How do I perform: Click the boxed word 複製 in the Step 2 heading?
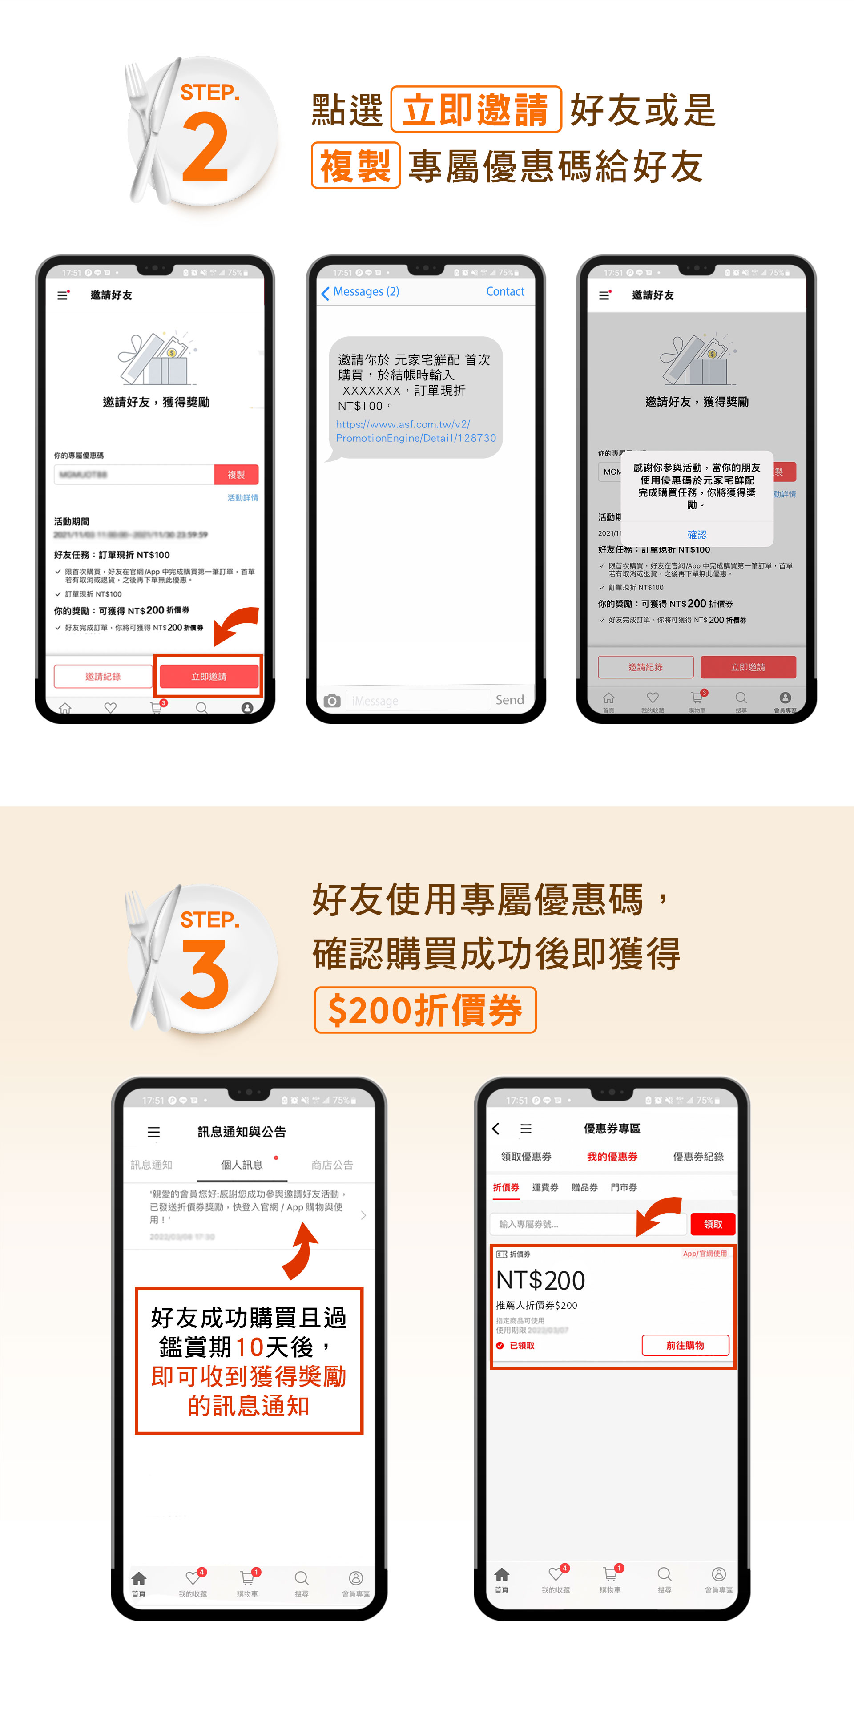(x=355, y=165)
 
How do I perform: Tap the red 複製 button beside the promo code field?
(x=236, y=474)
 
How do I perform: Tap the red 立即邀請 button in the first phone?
(x=209, y=676)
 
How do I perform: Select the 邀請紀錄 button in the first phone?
(x=103, y=676)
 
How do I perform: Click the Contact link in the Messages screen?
(x=505, y=291)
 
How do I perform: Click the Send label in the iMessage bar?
(x=509, y=700)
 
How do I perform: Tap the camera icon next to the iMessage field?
(x=332, y=701)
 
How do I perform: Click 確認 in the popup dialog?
(x=697, y=534)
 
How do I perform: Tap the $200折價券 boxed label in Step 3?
(x=425, y=1010)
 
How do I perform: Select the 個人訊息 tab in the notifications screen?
(x=242, y=1165)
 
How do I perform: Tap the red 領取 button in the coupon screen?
(x=712, y=1224)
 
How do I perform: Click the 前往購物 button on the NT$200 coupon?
(x=685, y=1345)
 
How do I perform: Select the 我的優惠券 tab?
(x=612, y=1157)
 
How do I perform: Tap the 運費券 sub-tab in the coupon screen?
(x=545, y=1187)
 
